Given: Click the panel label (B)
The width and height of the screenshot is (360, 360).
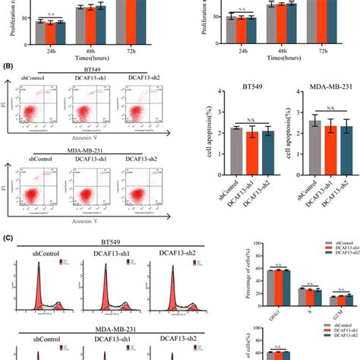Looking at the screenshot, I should pos(9,66).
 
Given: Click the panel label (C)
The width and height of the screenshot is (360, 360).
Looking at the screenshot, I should pos(9,237).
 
